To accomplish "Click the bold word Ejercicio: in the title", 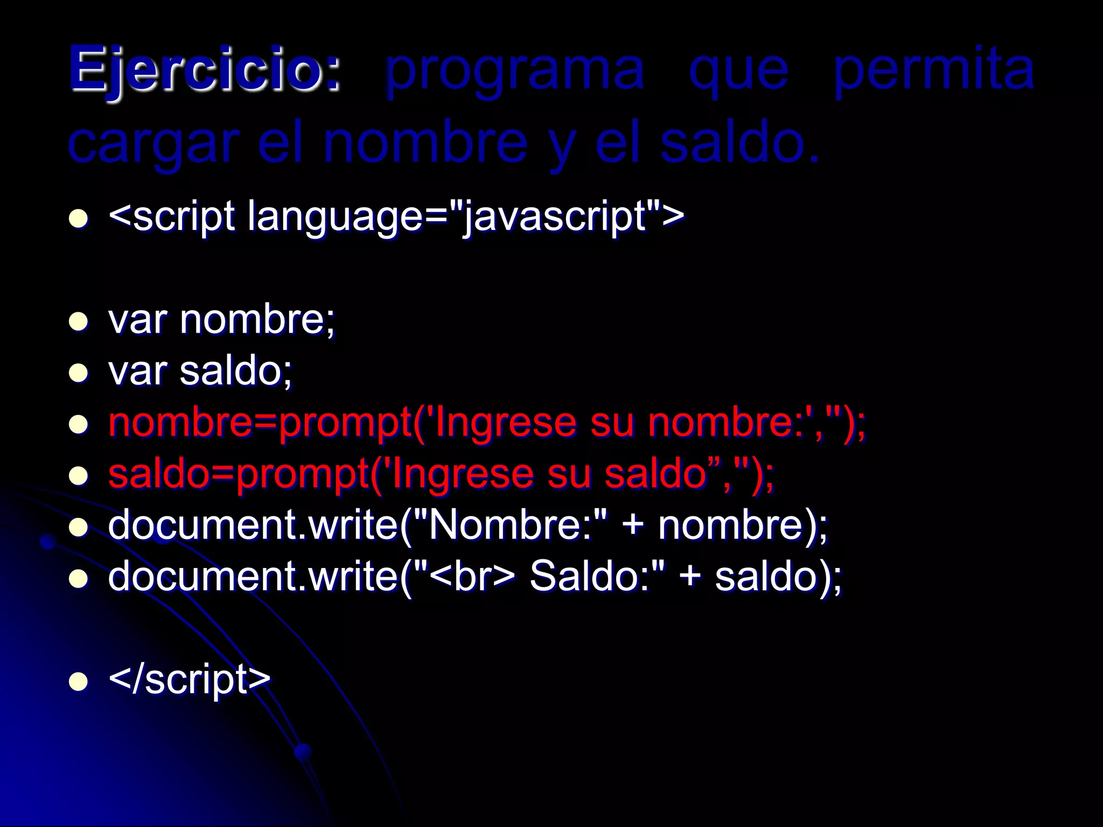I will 205,70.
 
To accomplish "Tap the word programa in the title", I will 515,70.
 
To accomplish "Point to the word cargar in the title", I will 154,144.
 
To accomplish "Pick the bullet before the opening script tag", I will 79,219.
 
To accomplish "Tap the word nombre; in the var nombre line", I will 257,320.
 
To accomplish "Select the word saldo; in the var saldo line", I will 236,372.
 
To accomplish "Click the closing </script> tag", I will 190,679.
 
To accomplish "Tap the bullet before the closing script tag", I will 79,682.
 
